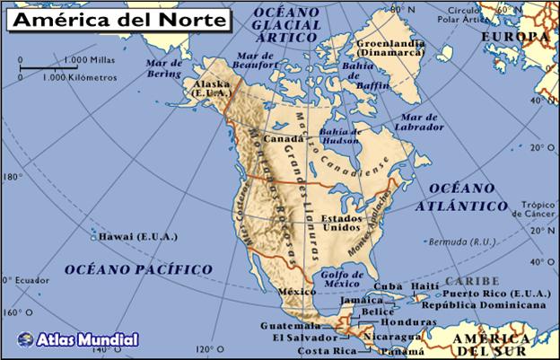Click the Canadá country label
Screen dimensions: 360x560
click(x=283, y=139)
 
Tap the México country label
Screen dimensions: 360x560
click(x=296, y=292)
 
